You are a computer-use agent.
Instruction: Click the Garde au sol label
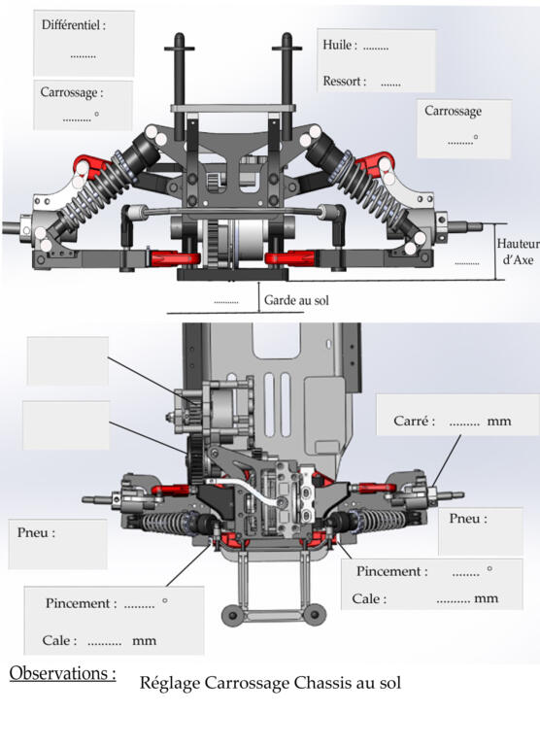click(296, 300)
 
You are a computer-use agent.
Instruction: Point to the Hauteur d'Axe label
click(518, 252)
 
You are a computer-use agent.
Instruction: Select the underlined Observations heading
click(62, 673)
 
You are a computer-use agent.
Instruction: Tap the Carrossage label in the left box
click(71, 92)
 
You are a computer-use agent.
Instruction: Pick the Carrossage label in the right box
click(453, 112)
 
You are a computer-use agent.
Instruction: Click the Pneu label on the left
click(36, 532)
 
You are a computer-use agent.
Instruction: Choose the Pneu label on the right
click(468, 518)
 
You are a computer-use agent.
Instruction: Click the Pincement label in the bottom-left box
click(81, 603)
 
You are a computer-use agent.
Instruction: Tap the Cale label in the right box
click(369, 598)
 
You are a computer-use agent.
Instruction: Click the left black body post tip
click(180, 36)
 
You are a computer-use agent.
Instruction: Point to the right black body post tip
click(287, 36)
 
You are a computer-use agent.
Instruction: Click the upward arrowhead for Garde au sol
click(259, 284)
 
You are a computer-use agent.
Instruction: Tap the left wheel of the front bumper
click(233, 615)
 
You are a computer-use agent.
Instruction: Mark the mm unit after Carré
click(498, 421)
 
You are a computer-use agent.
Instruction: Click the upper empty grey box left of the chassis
click(68, 360)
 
